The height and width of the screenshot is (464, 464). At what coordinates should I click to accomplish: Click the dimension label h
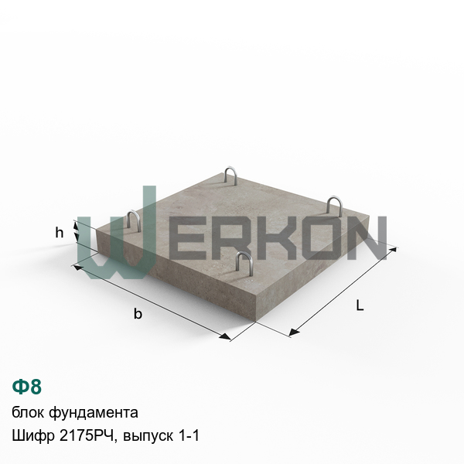[60, 233]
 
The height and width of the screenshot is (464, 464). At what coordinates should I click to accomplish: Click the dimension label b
[138, 313]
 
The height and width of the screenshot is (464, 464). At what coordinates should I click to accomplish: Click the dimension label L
[360, 305]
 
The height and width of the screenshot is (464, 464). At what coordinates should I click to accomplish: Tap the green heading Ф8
[26, 387]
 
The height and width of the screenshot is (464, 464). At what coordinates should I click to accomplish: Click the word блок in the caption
[29, 412]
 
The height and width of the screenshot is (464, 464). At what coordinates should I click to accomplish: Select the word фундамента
[94, 413]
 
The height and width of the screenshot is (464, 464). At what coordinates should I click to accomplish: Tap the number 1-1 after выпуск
[189, 436]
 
